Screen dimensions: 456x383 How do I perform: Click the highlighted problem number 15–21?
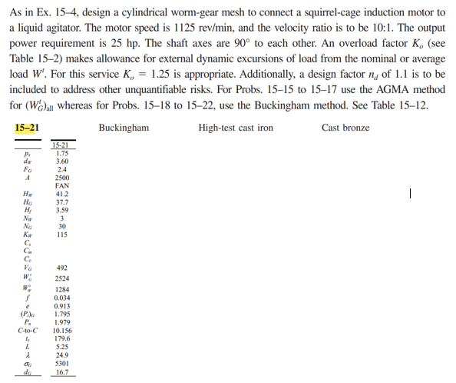[28, 127]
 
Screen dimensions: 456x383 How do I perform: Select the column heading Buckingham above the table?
[123, 127]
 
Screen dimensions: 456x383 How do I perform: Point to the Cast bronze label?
[345, 127]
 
